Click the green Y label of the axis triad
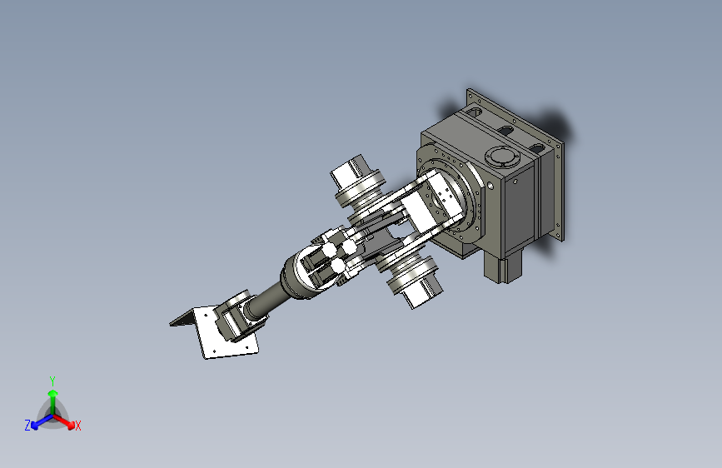tap(52, 379)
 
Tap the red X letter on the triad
tap(78, 426)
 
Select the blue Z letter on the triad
tap(27, 426)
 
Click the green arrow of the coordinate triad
tap(52, 396)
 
